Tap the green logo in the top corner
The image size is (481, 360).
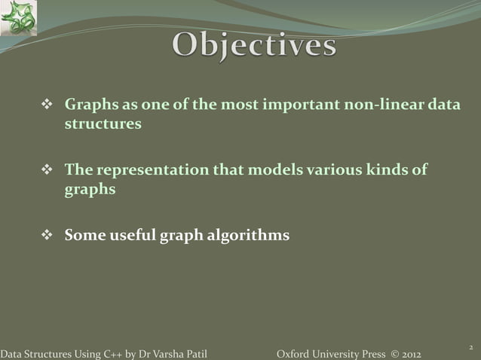click(18, 18)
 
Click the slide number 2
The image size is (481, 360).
click(470, 346)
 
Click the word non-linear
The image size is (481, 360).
click(385, 105)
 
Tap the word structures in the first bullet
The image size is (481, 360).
click(103, 124)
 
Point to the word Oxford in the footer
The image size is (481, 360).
click(292, 354)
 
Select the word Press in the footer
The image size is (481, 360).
click(367, 354)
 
